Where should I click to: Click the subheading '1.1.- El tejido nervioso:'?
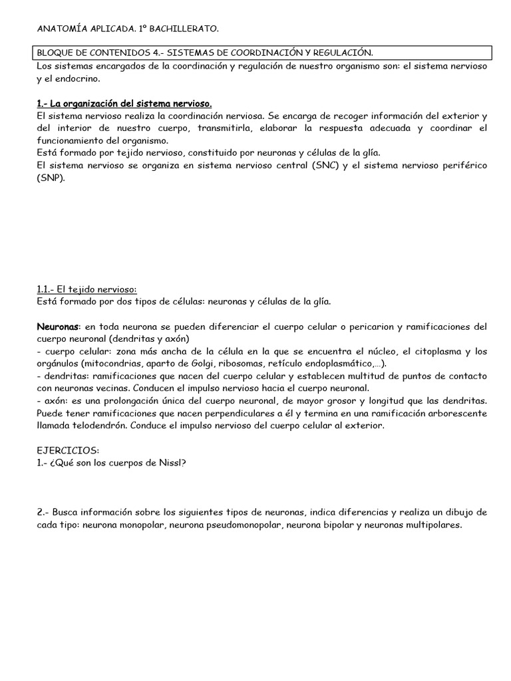click(86, 289)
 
